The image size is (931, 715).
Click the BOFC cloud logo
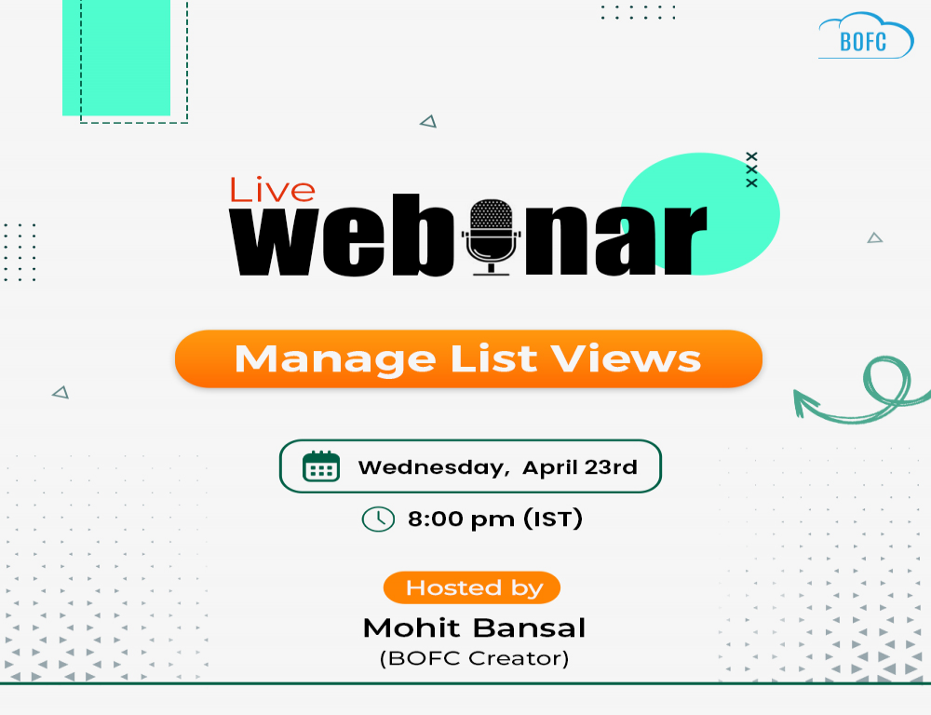[866, 36]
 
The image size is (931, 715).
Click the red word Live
[272, 190]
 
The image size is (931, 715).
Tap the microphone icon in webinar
[491, 237]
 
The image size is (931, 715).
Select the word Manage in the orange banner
[335, 359]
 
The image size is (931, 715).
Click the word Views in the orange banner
[626, 358]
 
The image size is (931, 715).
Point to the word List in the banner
[493, 358]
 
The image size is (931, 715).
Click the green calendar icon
[321, 466]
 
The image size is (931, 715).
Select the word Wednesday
[434, 467]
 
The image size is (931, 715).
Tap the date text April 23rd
[579, 467]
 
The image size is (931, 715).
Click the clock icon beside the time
[378, 519]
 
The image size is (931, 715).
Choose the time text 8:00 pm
[461, 519]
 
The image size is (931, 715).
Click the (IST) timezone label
[553, 519]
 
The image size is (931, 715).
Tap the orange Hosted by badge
[472, 587]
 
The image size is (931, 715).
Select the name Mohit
[412, 627]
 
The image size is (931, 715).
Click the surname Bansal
[530, 627]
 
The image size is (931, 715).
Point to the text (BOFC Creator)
[474, 658]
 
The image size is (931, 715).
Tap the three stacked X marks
[751, 169]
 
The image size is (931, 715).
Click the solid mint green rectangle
[116, 58]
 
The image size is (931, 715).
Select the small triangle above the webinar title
[428, 121]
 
